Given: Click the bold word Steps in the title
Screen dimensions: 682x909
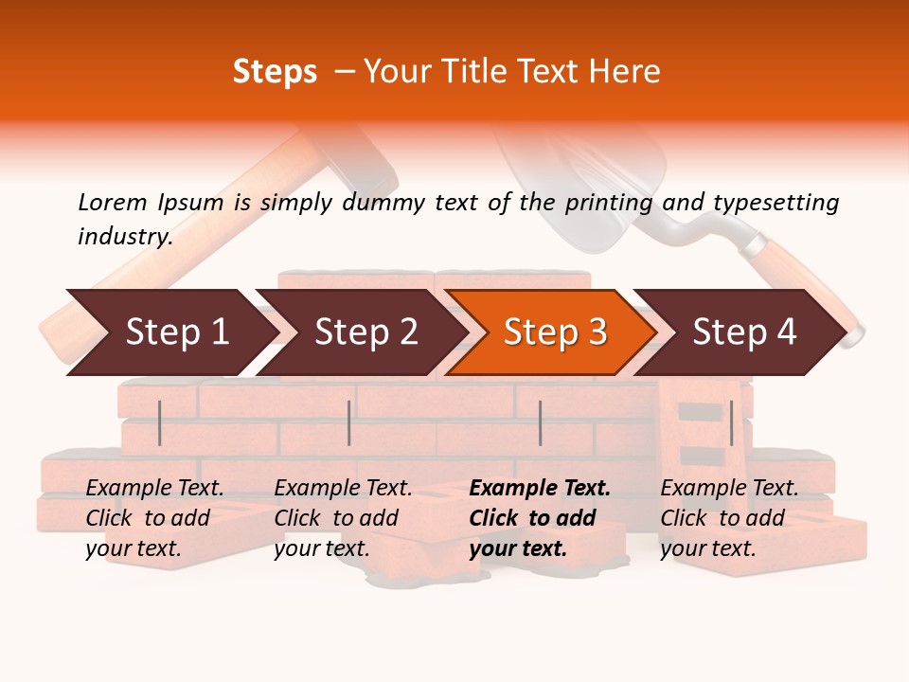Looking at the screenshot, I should pyautogui.click(x=275, y=72).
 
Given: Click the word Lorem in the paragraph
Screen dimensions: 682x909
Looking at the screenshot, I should pyautogui.click(x=112, y=202).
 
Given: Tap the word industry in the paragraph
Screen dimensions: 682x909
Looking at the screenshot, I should pyautogui.click(x=124, y=236).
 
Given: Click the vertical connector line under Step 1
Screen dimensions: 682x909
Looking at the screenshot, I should pyautogui.click(x=160, y=422).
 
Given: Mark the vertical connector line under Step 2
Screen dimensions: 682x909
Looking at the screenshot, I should pyautogui.click(x=349, y=422).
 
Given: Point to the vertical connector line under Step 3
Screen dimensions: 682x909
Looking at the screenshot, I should pyautogui.click(x=540, y=422).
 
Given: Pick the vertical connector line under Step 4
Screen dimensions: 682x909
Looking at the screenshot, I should pyautogui.click(x=731, y=422).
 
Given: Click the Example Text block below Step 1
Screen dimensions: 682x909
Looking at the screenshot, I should pyautogui.click(x=154, y=518).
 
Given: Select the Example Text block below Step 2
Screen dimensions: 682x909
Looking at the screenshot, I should pyautogui.click(x=343, y=518).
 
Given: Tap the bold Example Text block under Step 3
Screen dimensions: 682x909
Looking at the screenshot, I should pyautogui.click(x=540, y=518).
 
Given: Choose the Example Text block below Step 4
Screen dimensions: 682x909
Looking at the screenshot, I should pyautogui.click(x=729, y=518).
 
